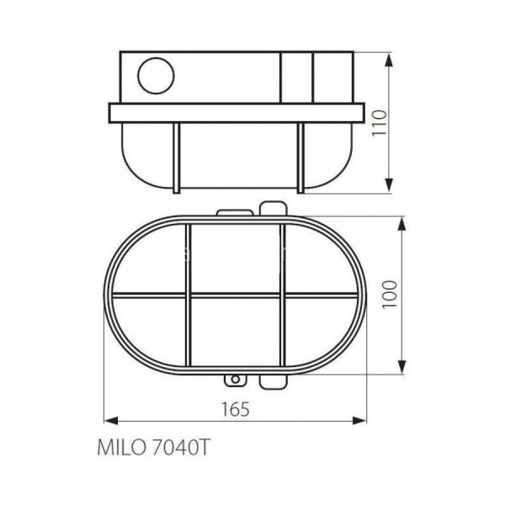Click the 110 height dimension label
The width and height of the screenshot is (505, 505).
(x=379, y=123)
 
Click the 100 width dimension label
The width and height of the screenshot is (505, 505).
(x=390, y=295)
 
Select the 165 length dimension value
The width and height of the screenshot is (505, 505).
(x=236, y=409)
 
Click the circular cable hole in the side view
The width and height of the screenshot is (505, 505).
(x=156, y=76)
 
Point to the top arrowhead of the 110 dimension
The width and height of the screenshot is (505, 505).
(x=389, y=61)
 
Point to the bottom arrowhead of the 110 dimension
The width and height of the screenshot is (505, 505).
(x=389, y=185)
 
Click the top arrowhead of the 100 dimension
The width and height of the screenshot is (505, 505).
(x=401, y=224)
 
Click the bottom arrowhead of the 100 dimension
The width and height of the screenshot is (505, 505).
(x=401, y=366)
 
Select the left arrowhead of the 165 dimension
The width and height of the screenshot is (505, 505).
(x=111, y=420)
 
